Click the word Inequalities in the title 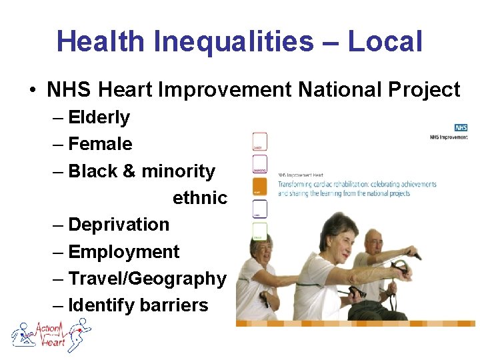tap(233, 41)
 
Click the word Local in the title tap(385, 41)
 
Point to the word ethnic tap(200, 198)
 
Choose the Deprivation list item tap(119, 225)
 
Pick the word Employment tap(124, 252)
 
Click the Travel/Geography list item tap(147, 279)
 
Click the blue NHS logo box tap(460, 127)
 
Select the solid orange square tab tap(259, 187)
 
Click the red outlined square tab tap(259, 141)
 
